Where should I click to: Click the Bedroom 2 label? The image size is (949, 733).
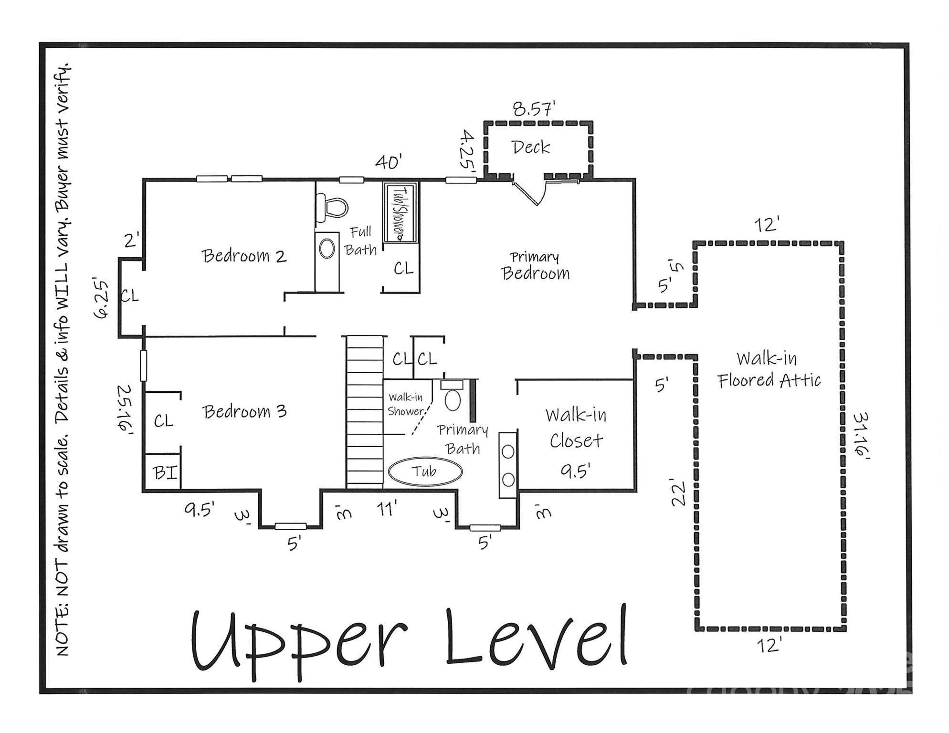pyautogui.click(x=244, y=256)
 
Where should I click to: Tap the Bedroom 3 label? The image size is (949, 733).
pyautogui.click(x=244, y=411)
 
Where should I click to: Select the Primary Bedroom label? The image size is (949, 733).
pyautogui.click(x=535, y=266)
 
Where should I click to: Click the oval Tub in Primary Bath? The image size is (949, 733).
pyautogui.click(x=425, y=472)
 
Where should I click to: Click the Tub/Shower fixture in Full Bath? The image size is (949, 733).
pyautogui.click(x=401, y=212)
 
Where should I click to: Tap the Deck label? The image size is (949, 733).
pyautogui.click(x=531, y=147)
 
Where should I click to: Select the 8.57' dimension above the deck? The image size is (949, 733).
pyautogui.click(x=534, y=109)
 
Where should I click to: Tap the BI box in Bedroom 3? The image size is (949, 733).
pyautogui.click(x=164, y=472)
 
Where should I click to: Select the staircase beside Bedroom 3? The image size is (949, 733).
pyautogui.click(x=365, y=413)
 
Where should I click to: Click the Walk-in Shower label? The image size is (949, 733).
pyautogui.click(x=405, y=404)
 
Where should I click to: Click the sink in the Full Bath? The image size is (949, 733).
pyautogui.click(x=327, y=249)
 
